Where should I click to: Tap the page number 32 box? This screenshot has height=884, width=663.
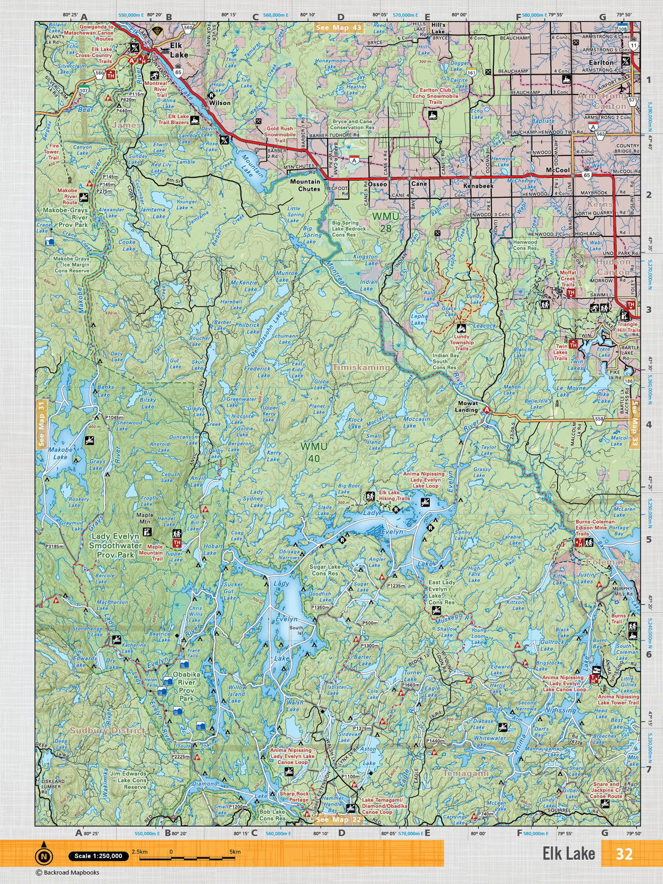tap(624, 854)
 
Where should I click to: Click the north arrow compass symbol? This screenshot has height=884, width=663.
tap(44, 856)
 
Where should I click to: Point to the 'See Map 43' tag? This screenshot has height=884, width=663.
tap(338, 27)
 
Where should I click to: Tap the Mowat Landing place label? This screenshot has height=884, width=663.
tap(466, 407)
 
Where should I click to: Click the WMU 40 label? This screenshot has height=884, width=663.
tap(314, 450)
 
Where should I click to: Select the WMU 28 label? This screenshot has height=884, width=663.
tap(385, 219)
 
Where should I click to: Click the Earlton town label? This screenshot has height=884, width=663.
tap(601, 62)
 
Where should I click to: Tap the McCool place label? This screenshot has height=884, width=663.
tap(557, 171)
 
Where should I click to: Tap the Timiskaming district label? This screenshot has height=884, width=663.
tap(361, 367)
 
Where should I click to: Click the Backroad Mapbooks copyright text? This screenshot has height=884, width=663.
tap(67, 873)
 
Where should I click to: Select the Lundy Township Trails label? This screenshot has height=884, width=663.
tap(461, 343)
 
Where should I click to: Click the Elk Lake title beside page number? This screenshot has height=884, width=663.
tap(568, 854)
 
